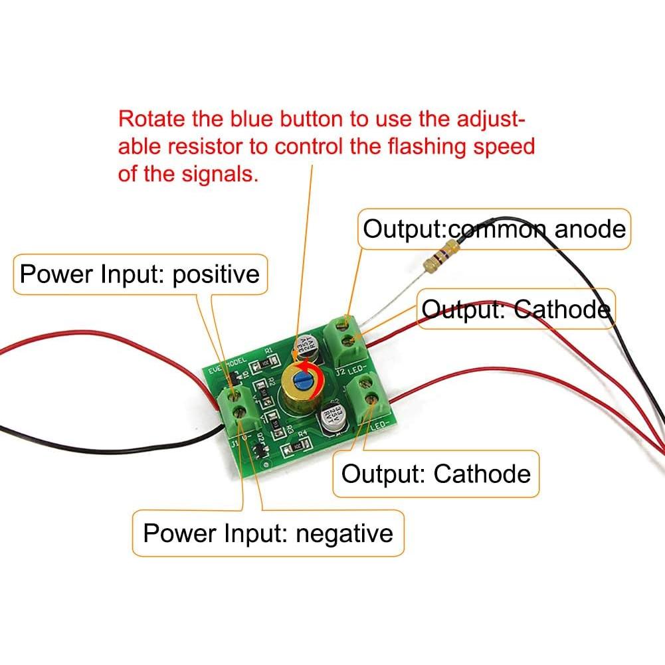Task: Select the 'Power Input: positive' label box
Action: [140, 274]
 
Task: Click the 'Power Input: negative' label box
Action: [268, 533]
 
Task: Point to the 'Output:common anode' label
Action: [494, 229]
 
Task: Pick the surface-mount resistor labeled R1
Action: [264, 363]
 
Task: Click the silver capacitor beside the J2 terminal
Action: [307, 347]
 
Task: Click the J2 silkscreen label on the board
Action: [341, 372]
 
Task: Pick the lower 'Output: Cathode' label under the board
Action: [436, 474]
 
